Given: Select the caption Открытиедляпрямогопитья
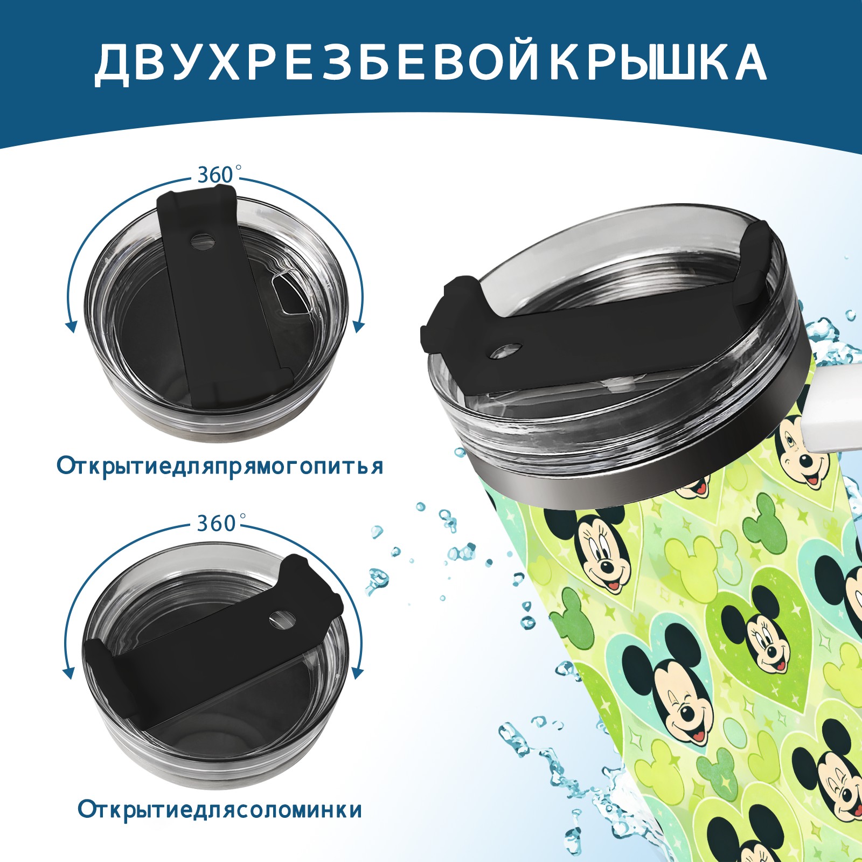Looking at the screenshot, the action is [x=220, y=466].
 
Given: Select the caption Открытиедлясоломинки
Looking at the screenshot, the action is [x=220, y=810].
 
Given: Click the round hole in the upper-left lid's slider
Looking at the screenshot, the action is [x=203, y=240].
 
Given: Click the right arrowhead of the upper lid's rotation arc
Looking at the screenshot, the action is [x=359, y=326].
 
